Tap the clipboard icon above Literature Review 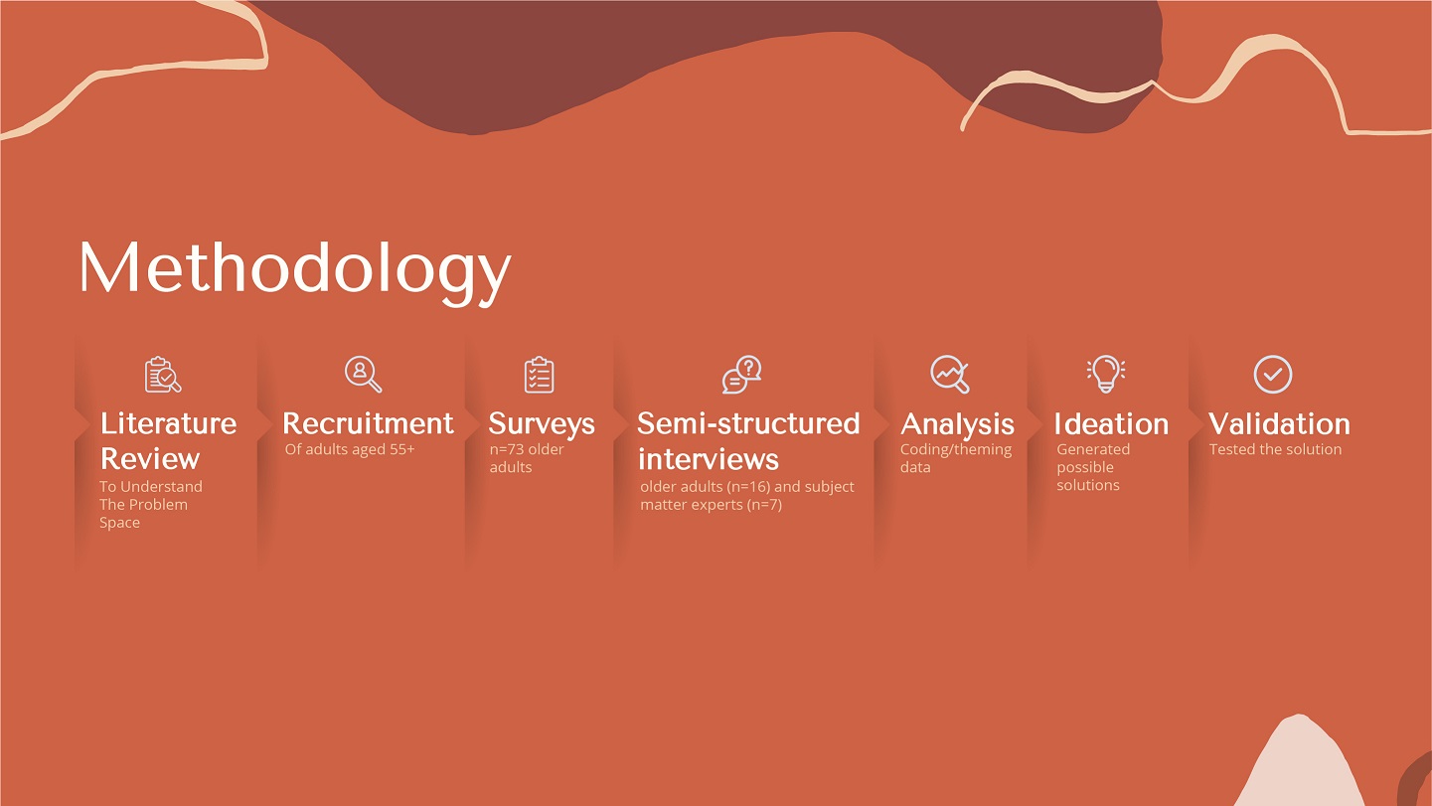[162, 375]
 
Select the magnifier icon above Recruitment [363, 374]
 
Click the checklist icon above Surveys [539, 375]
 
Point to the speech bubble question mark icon [741, 375]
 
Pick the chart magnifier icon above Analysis [950, 374]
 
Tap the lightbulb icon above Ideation [1106, 374]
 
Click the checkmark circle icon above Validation [1273, 374]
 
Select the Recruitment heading [369, 423]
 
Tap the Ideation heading [1111, 424]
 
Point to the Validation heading [1279, 424]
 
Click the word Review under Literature [150, 459]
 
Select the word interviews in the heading [709, 459]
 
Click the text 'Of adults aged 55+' [350, 449]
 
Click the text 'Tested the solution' [1275, 449]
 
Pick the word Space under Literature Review [119, 523]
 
